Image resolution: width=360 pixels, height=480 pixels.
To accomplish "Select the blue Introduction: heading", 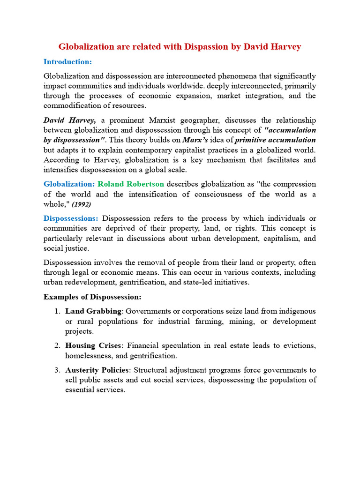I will [67, 62].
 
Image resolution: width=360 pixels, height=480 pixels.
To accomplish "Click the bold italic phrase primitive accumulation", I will [275, 140].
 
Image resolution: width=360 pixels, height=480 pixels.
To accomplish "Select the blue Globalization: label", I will [69, 184].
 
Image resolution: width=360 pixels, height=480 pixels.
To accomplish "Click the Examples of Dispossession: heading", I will [92, 297].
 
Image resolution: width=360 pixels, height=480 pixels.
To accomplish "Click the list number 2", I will [56, 345].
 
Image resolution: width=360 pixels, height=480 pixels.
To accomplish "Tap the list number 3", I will [56, 370].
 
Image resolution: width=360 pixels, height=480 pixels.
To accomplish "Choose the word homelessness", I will [88, 356].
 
